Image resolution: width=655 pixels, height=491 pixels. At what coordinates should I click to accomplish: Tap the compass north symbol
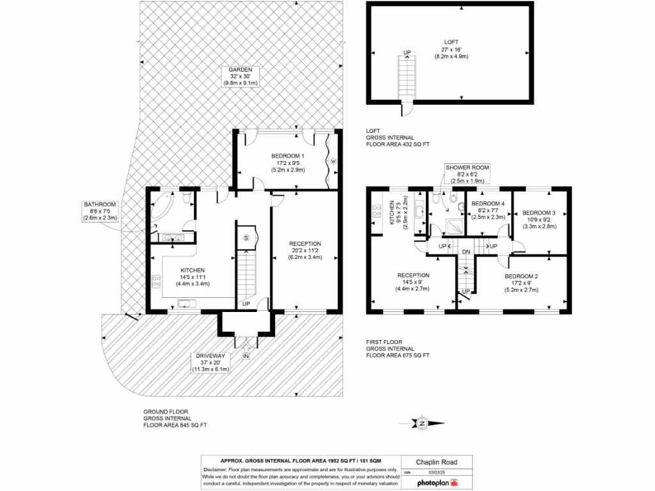422,423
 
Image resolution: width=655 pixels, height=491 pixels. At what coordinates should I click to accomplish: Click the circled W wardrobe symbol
333,162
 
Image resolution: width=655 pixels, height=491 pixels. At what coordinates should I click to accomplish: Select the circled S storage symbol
246,237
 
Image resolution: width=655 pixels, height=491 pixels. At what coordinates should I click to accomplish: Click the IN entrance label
246,355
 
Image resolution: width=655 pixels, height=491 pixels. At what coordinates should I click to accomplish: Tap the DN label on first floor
466,252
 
